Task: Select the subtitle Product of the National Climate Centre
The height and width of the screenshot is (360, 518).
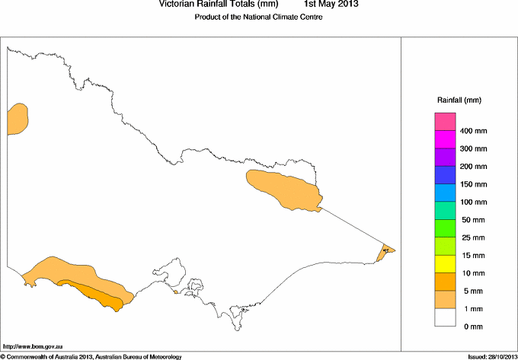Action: click(x=259, y=17)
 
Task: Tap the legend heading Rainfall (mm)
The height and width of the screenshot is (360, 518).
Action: click(x=459, y=100)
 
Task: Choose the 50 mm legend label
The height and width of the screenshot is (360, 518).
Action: click(x=473, y=220)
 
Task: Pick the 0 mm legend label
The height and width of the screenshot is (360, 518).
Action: click(x=472, y=327)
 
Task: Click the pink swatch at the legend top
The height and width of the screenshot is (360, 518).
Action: click(x=445, y=122)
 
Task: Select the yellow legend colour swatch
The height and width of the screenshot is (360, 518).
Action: click(x=445, y=264)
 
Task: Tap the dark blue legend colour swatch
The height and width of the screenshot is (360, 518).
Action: click(x=445, y=175)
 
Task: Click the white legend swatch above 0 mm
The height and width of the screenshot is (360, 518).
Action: click(x=445, y=317)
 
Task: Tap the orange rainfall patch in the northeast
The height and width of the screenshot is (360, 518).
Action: click(x=282, y=189)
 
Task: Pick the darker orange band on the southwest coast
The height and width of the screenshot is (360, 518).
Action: click(x=95, y=294)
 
